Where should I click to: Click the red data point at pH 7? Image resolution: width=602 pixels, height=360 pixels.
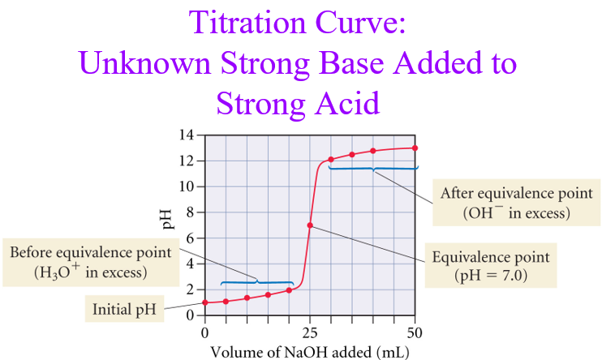[x=310, y=225]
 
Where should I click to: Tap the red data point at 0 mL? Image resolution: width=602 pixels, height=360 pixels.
[x=205, y=302]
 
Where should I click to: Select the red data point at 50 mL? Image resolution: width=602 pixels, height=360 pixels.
[x=415, y=148]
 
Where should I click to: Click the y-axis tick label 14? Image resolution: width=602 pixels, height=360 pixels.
[x=187, y=135]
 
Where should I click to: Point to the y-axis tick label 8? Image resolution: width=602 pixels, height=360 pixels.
[x=191, y=212]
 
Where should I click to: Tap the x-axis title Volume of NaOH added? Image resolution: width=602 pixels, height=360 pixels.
[x=309, y=351]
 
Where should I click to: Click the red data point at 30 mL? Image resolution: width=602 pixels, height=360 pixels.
[x=331, y=160]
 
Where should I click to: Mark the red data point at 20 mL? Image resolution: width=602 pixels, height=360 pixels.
[x=289, y=290]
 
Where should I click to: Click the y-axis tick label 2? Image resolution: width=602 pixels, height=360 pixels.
[x=191, y=289]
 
